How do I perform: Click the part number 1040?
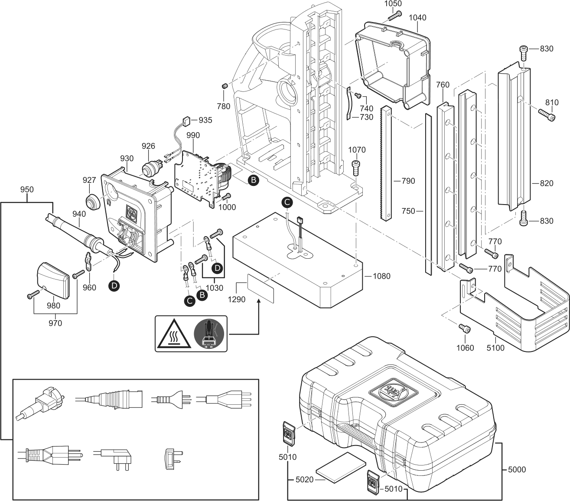pos(417,18)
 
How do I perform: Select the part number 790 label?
pos(408,181)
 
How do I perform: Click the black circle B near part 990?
pos(253,179)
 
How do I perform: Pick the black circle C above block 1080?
pos(287,202)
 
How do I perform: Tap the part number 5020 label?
pos(304,480)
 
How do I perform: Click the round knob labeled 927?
pos(92,202)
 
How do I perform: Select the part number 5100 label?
pos(496,348)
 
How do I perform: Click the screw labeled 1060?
pos(466,329)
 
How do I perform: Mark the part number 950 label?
pos(27,190)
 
